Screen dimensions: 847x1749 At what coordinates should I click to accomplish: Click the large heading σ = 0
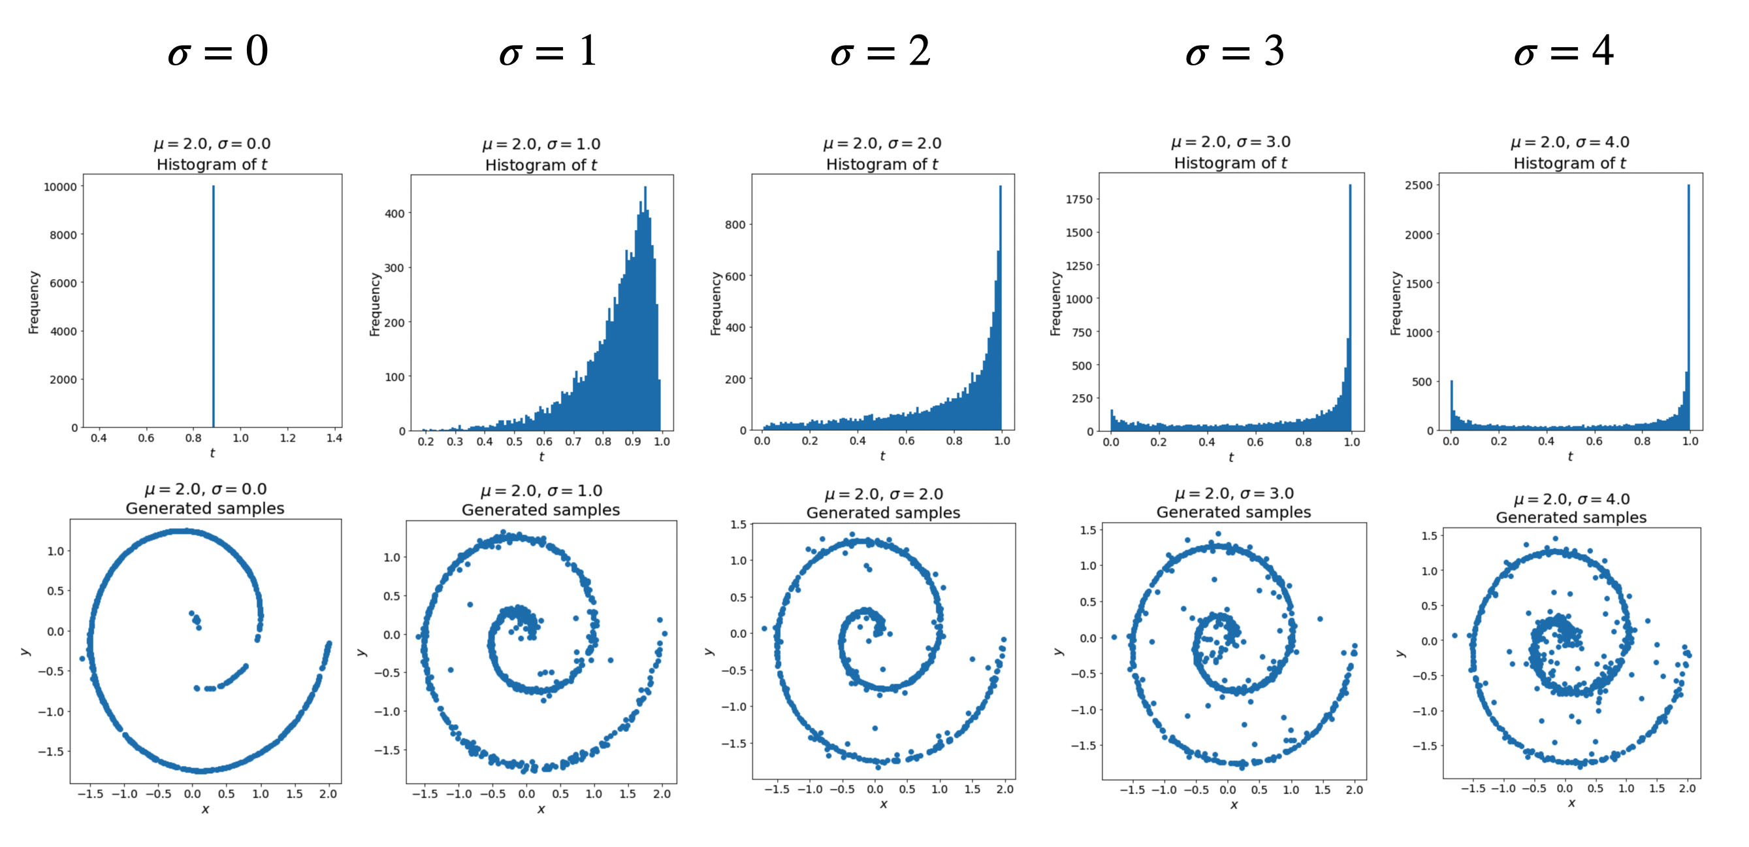218,52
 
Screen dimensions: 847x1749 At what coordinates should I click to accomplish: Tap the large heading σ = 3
1234,52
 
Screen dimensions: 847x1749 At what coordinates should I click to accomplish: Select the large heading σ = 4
1563,52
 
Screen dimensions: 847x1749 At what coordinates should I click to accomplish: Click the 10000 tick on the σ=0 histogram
59,187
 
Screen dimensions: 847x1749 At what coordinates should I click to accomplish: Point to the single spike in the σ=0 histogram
213,306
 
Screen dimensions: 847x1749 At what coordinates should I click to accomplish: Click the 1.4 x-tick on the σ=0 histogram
334,438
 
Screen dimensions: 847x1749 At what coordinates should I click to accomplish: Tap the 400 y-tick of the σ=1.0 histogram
394,213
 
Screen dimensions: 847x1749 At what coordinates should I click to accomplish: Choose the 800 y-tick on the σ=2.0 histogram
735,225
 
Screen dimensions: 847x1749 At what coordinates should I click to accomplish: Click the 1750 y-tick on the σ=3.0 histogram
1079,199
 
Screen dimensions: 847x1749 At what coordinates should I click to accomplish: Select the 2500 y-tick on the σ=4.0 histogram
1419,185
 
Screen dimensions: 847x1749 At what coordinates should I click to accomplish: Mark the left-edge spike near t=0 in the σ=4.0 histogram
1452,405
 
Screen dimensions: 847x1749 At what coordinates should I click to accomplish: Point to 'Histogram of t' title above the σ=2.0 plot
882,165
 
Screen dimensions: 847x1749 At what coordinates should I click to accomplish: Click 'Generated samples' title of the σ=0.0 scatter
205,508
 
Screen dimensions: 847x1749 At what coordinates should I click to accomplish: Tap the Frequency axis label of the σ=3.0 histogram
1055,304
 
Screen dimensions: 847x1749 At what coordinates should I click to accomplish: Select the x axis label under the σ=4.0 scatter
1571,803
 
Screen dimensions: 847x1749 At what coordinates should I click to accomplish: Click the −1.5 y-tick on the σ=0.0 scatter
51,751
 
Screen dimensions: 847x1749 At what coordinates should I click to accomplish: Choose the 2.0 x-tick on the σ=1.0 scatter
662,793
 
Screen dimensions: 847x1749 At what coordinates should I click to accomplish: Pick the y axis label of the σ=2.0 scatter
709,651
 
